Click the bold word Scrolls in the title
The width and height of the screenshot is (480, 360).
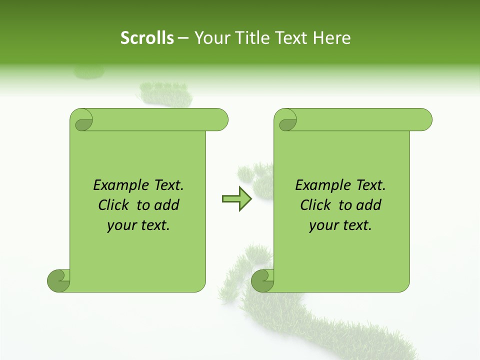pyautogui.click(x=147, y=38)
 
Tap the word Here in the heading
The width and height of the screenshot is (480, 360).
pyautogui.click(x=332, y=38)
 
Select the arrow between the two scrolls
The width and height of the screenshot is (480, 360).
pyautogui.click(x=237, y=199)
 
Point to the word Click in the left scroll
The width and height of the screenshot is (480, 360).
pyautogui.click(x=114, y=205)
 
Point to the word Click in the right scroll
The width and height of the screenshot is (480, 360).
pyautogui.click(x=316, y=205)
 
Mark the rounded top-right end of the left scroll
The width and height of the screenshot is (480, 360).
pyautogui.click(x=220, y=120)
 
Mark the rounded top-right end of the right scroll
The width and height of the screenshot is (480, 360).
pyautogui.click(x=424, y=120)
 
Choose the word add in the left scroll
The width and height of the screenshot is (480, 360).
pyautogui.click(x=167, y=205)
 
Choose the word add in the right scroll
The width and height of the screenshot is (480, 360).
pyautogui.click(x=369, y=205)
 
